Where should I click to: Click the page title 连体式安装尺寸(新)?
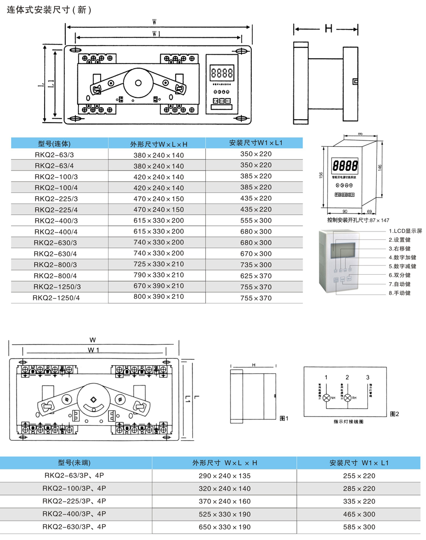point(49,9)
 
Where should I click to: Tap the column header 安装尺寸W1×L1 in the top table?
point(255,143)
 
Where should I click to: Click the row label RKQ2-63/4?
point(54,165)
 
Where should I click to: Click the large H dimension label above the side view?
point(328,30)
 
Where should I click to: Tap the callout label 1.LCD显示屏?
point(405,231)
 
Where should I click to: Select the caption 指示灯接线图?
point(348,421)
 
